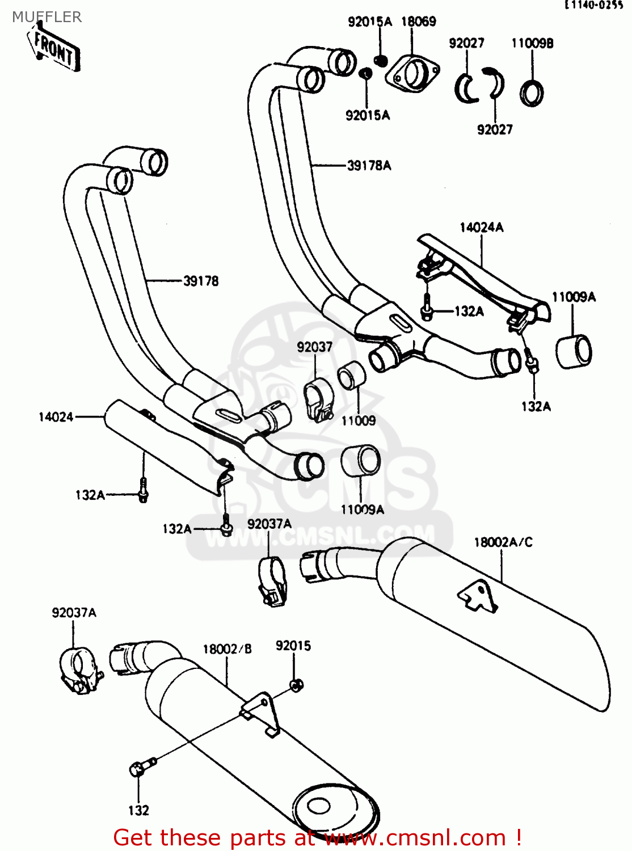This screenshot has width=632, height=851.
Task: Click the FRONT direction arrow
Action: point(53,50)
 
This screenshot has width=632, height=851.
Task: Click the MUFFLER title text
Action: point(47,17)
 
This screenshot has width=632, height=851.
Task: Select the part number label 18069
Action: point(419,22)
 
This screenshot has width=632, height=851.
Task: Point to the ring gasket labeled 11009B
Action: point(532,94)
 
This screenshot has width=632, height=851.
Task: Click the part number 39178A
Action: point(369,166)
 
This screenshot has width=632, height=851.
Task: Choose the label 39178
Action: point(201,281)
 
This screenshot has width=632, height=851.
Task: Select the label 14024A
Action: point(481,228)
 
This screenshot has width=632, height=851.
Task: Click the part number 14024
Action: point(56,417)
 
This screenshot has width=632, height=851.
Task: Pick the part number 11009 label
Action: point(358,420)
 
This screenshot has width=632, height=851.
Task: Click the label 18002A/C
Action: point(503,542)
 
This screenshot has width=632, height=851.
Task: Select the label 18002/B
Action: point(227,649)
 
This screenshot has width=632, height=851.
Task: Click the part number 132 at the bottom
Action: point(138,810)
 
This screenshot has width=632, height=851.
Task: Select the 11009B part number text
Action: point(532,43)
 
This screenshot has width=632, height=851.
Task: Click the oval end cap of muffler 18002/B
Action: point(336,812)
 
